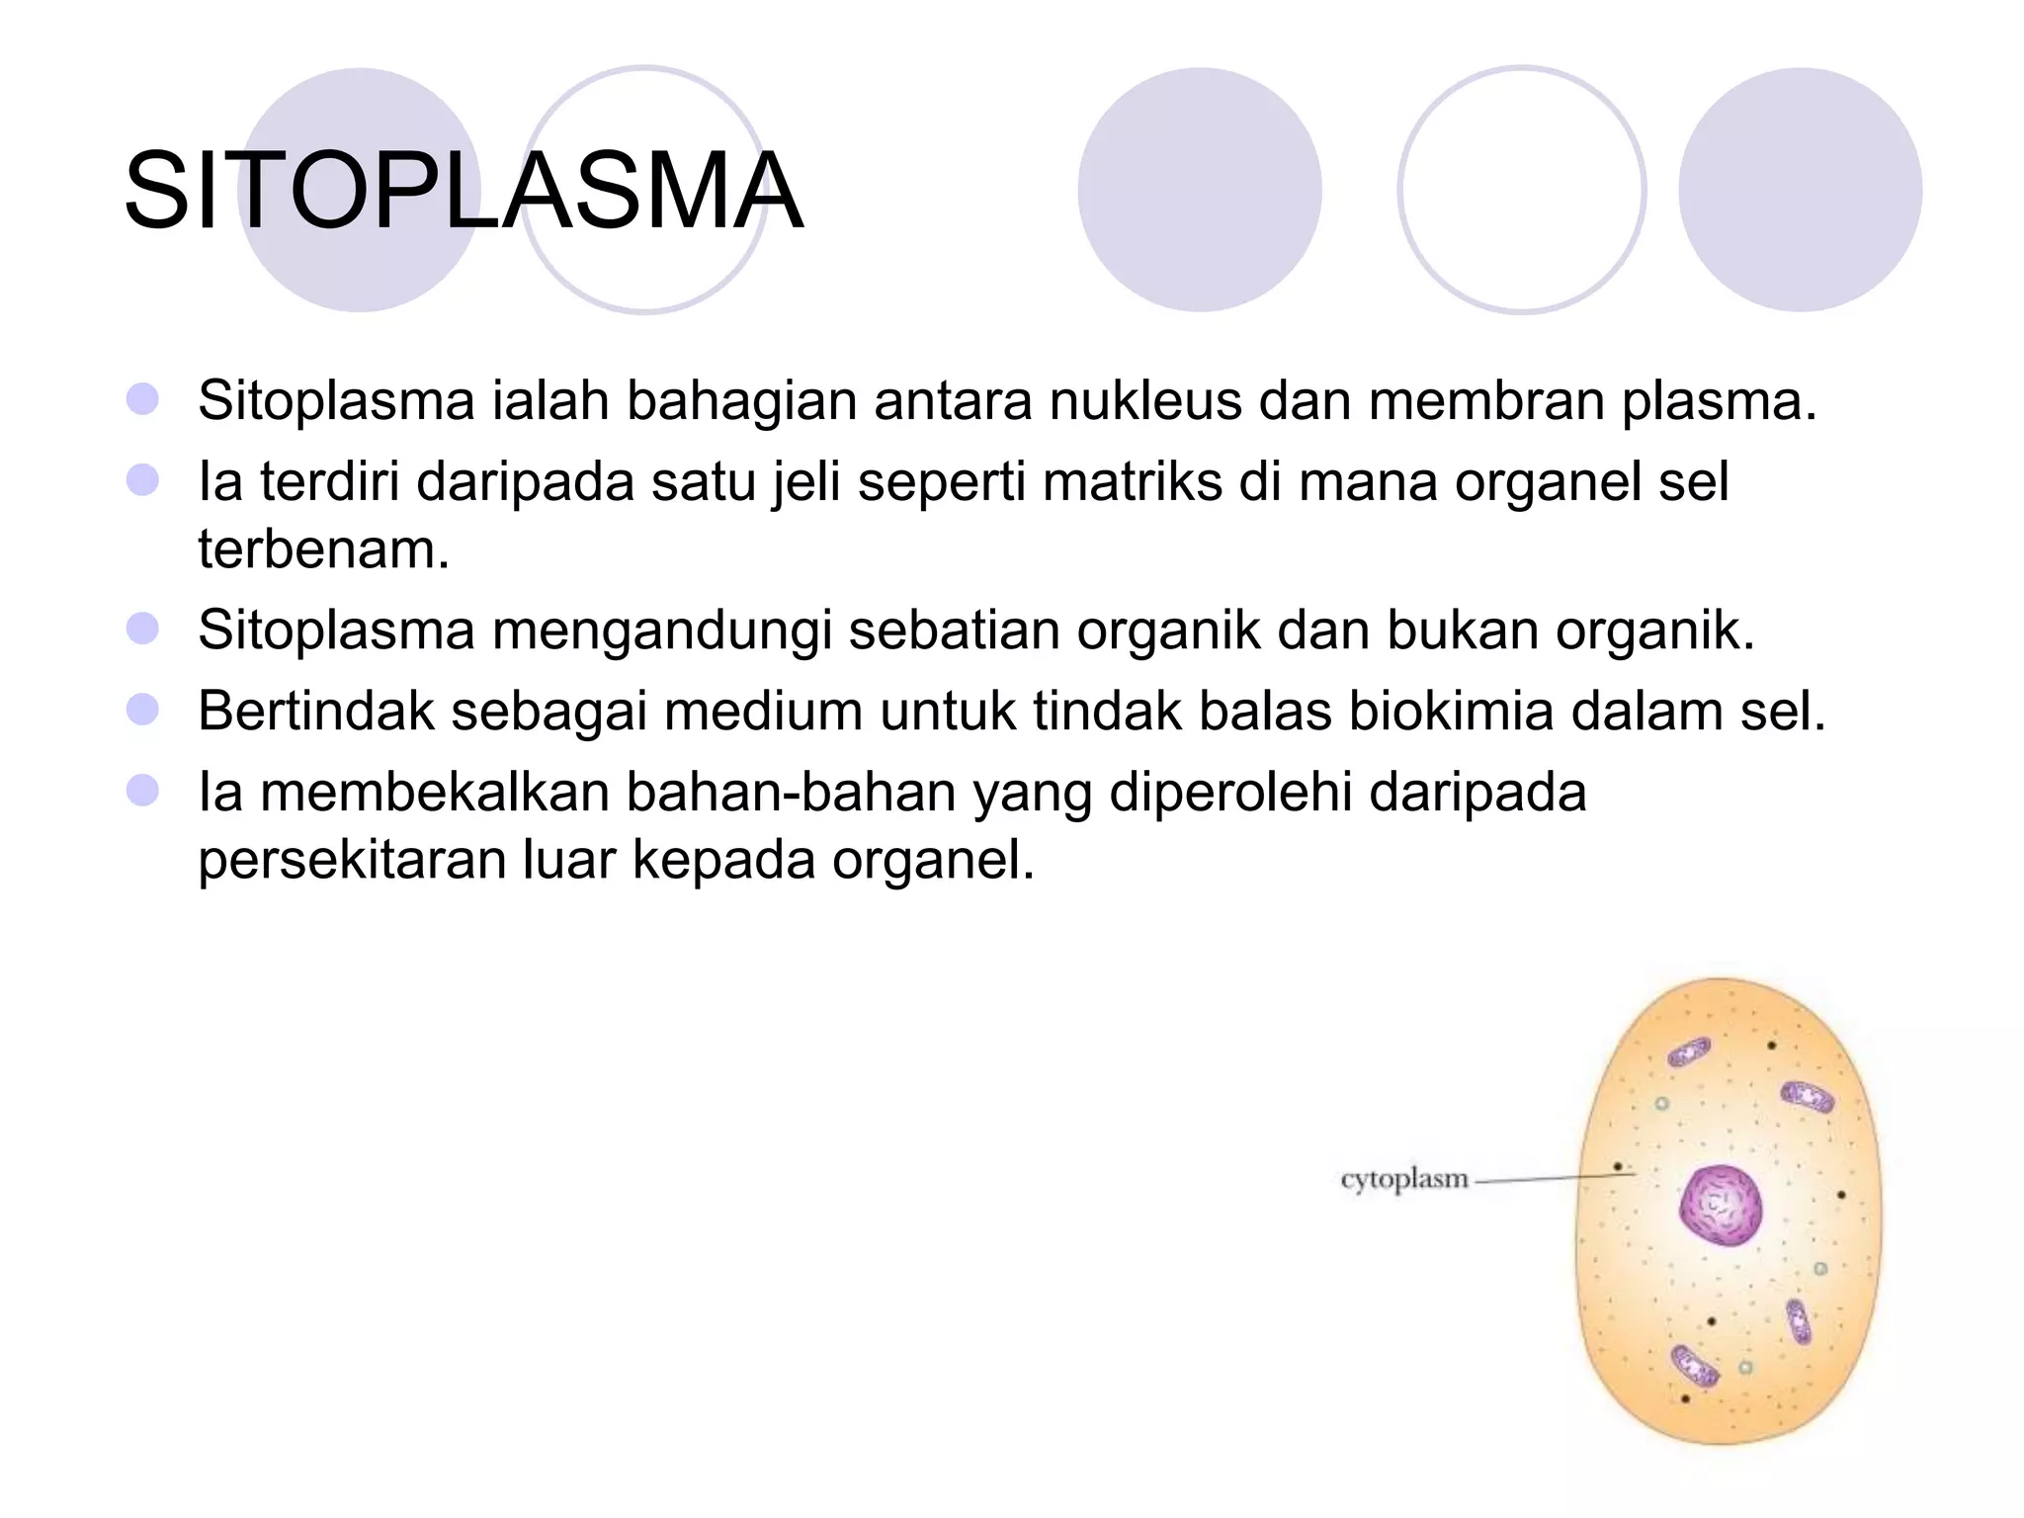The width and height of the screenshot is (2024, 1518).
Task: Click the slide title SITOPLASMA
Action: [x=463, y=191]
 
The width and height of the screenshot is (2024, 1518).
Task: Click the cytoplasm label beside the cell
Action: [x=1403, y=1179]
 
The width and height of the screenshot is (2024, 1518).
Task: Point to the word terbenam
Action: [x=323, y=549]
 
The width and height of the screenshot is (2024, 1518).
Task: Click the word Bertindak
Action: [x=315, y=712]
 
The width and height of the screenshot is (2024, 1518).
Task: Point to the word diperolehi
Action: [x=1230, y=793]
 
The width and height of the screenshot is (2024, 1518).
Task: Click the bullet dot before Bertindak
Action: [x=143, y=710]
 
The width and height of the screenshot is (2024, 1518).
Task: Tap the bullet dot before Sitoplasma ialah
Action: [x=143, y=399]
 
